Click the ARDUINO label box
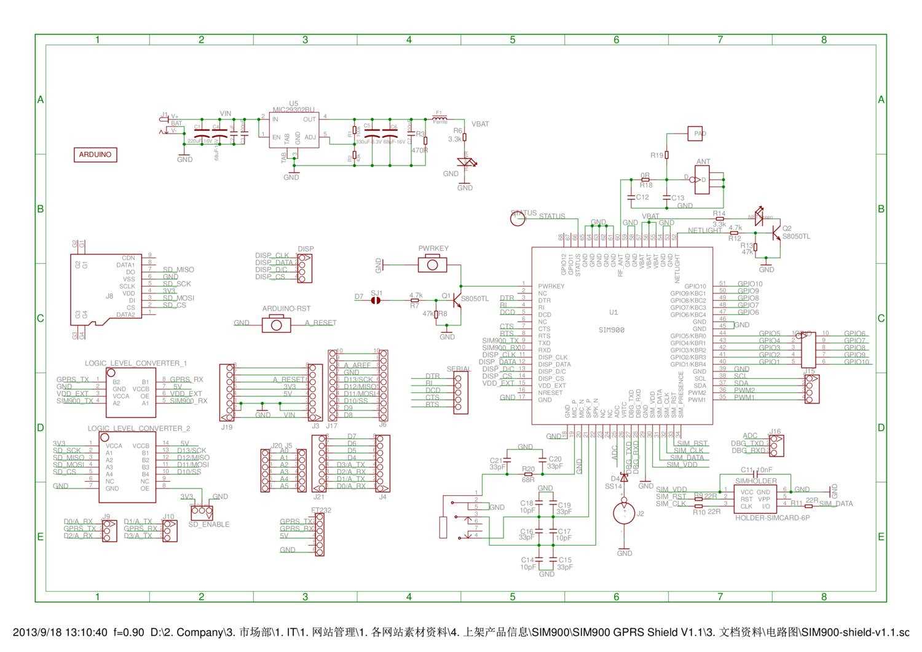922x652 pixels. [95, 154]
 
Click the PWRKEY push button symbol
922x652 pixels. [433, 264]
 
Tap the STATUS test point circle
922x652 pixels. [518, 218]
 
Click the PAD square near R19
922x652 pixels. [695, 133]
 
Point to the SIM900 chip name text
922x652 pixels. [612, 330]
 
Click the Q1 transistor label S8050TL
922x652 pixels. [475, 298]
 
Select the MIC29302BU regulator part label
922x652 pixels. [294, 109]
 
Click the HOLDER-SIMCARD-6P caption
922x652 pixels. [772, 518]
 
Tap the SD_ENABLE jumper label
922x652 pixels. [209, 525]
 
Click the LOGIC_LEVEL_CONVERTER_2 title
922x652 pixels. [138, 428]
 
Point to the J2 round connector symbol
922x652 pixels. [624, 513]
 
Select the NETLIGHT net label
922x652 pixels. [704, 231]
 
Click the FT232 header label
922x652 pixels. [321, 510]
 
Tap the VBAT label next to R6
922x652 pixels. [480, 124]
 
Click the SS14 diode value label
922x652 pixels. [613, 487]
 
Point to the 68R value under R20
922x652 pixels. [528, 479]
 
